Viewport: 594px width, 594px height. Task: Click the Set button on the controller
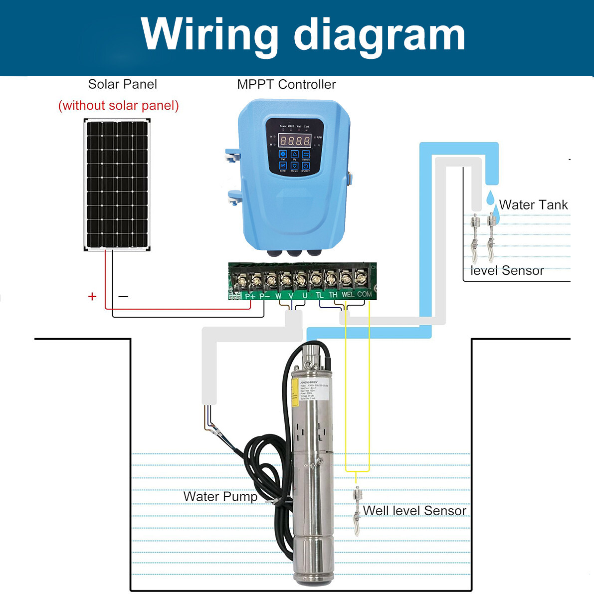283,154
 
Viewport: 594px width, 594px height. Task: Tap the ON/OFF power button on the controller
306,166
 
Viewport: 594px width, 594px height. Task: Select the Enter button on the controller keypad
283,166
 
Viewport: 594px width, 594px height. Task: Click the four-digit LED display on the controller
294,140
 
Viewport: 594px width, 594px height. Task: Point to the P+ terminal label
250,296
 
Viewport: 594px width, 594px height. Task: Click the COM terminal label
364,294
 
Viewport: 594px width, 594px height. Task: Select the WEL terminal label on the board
348,295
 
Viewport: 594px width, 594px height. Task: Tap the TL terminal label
320,295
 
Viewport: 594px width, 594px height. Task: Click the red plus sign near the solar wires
92,297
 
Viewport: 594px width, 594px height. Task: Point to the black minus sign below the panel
123,296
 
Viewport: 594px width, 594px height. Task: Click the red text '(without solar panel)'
118,106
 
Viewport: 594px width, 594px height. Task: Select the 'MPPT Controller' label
286,84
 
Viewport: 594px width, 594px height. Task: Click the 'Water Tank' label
533,205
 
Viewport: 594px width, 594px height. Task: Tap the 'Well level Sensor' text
414,511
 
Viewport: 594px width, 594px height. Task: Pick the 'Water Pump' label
220,497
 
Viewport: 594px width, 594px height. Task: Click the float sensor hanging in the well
357,509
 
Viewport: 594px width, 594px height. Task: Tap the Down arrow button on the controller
294,166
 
